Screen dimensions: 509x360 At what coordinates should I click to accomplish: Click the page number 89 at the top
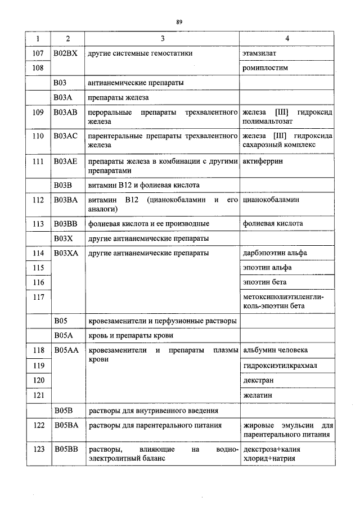[x=179, y=22]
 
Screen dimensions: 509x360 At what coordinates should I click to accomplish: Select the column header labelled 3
[x=163, y=39]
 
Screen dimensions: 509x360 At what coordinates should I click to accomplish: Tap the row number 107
[x=38, y=53]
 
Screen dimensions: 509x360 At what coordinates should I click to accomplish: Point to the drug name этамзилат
[x=259, y=53]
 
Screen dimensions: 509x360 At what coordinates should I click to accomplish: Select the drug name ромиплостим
[x=265, y=67]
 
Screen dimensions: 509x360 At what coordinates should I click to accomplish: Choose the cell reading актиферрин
[x=263, y=161]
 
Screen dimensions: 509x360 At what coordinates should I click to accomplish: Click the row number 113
[x=38, y=223]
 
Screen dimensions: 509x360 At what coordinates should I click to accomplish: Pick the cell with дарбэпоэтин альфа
[x=275, y=253]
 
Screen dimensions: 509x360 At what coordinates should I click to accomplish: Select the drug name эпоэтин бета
[x=265, y=282]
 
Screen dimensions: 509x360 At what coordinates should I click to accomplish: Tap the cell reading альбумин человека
[x=276, y=350]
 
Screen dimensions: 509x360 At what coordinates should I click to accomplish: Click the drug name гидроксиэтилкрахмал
[x=280, y=366]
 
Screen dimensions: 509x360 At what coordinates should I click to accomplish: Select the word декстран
[x=258, y=380]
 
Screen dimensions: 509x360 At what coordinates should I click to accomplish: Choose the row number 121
[x=38, y=395]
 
